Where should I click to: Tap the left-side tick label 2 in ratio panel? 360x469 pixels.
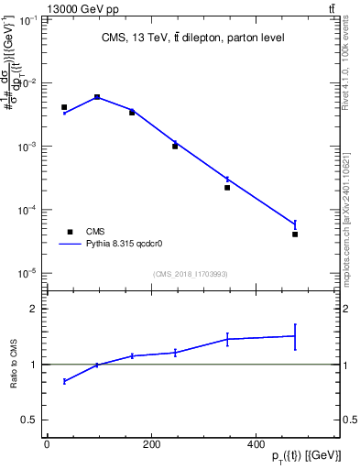pos(34,310)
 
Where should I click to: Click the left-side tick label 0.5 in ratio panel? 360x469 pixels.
pos(31,420)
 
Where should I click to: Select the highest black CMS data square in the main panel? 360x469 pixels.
pos(97,96)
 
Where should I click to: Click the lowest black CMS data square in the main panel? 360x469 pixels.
pos(295,234)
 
